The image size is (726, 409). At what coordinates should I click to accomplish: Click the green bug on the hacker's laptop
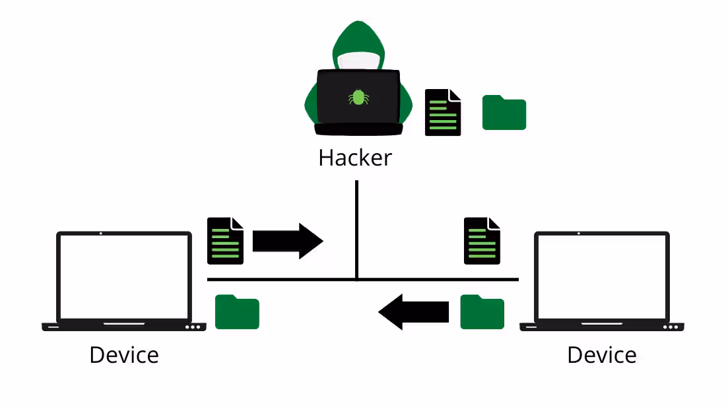coord(358,98)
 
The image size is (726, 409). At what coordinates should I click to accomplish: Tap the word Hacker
coord(355,158)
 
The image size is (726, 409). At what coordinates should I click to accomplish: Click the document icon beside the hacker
coord(443,113)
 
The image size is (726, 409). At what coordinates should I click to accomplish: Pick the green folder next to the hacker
coord(504,113)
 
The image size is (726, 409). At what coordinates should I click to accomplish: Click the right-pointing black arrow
coord(288,241)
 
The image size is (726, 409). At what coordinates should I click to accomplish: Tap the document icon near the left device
coord(226,241)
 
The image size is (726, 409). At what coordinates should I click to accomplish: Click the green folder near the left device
coord(238,312)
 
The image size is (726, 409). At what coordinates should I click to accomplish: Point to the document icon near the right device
coord(482,241)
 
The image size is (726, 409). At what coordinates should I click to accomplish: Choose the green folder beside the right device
coord(482,312)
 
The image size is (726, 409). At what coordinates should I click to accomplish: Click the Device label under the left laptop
coord(124,355)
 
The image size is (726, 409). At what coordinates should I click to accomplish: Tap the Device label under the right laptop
coord(602,355)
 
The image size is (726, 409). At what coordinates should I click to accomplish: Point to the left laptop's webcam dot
coord(100,234)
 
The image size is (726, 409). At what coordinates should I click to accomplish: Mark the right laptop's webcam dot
coord(579,234)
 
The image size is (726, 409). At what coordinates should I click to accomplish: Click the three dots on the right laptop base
coord(671,327)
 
